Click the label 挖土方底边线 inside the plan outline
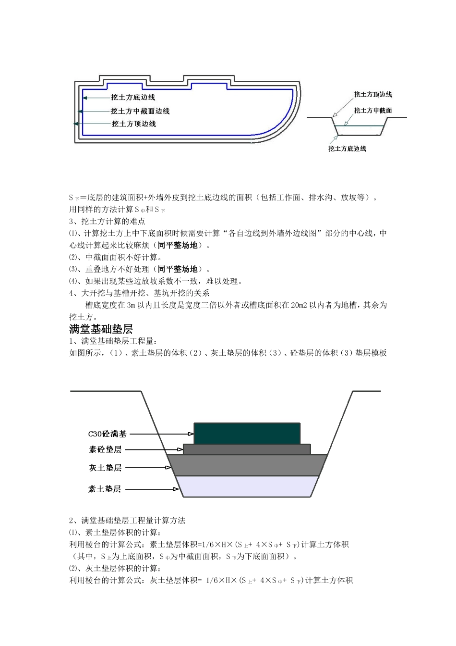click(133, 98)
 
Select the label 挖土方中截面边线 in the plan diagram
click(140, 111)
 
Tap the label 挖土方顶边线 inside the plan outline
click(133, 124)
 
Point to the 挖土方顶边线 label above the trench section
click(372, 95)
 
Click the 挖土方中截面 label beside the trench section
click(372, 111)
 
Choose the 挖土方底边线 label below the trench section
click(347, 149)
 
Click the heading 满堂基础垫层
click(101, 329)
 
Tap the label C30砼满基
click(108, 434)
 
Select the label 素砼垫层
click(105, 450)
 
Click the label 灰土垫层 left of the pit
click(105, 468)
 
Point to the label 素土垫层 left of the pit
click(105, 489)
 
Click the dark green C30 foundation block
click(247, 434)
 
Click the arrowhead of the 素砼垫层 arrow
click(180, 450)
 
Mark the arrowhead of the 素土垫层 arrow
click(176, 489)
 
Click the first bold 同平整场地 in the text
click(177, 246)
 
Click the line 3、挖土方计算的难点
click(107, 222)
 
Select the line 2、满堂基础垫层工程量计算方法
click(127, 521)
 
